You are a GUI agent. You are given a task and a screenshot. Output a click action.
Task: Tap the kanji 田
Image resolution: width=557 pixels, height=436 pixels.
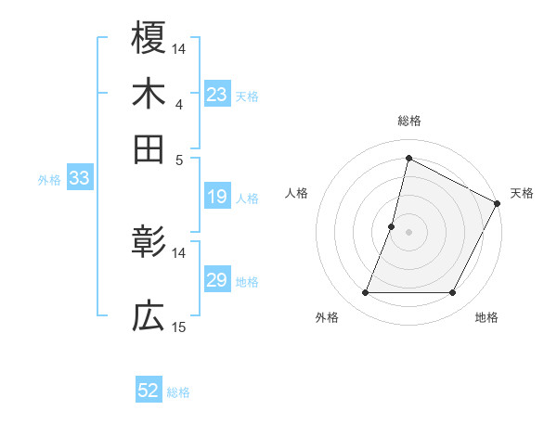point(149,147)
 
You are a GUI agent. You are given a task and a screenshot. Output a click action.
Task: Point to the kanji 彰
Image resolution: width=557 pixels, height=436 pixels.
point(149,243)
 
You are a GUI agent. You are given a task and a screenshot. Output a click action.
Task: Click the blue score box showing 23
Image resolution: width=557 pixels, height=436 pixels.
point(216,95)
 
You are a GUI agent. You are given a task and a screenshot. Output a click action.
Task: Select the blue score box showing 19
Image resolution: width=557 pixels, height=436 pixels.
point(216,197)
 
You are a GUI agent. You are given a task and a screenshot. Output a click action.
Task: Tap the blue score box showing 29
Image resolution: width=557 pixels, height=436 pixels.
point(216,280)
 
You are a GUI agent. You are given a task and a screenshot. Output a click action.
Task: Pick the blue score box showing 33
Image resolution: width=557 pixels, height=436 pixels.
point(78,179)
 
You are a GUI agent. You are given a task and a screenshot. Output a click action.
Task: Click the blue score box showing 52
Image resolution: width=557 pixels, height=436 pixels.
point(149,391)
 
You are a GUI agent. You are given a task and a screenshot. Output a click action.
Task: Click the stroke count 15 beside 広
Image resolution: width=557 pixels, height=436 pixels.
point(179,327)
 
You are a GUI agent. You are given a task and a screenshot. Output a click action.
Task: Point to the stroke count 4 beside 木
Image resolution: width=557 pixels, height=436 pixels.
point(179,104)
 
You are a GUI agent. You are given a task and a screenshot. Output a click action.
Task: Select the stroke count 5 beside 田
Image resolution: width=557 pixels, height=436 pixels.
point(179,159)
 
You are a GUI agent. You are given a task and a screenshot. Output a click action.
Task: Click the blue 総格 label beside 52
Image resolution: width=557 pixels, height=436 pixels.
point(178,392)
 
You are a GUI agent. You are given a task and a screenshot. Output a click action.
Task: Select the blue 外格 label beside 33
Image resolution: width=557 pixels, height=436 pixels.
point(49,180)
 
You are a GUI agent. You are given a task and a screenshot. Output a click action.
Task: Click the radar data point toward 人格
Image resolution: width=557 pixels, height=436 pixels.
point(392,226)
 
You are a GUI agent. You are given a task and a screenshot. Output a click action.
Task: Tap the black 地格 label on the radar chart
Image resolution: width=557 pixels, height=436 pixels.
point(486,317)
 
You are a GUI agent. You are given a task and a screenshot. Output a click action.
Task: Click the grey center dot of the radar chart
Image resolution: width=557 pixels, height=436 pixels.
point(408,231)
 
